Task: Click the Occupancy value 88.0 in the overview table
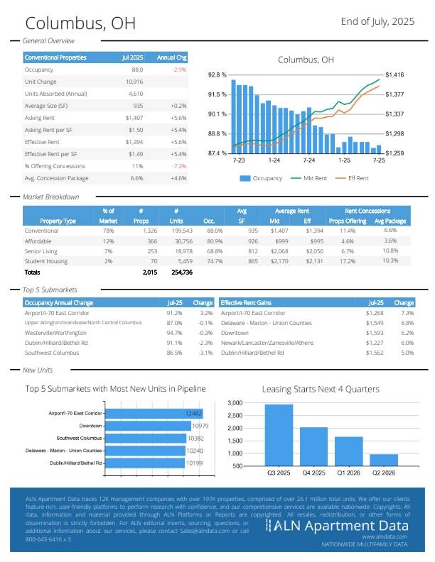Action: [137, 70]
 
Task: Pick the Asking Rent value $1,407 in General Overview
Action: [134, 118]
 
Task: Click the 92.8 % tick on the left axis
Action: [217, 75]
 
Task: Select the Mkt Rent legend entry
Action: [310, 178]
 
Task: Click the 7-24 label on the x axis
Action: [309, 161]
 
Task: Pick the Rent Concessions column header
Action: [367, 211]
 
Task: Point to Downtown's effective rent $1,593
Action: [375, 332]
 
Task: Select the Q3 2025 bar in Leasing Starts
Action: [279, 434]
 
